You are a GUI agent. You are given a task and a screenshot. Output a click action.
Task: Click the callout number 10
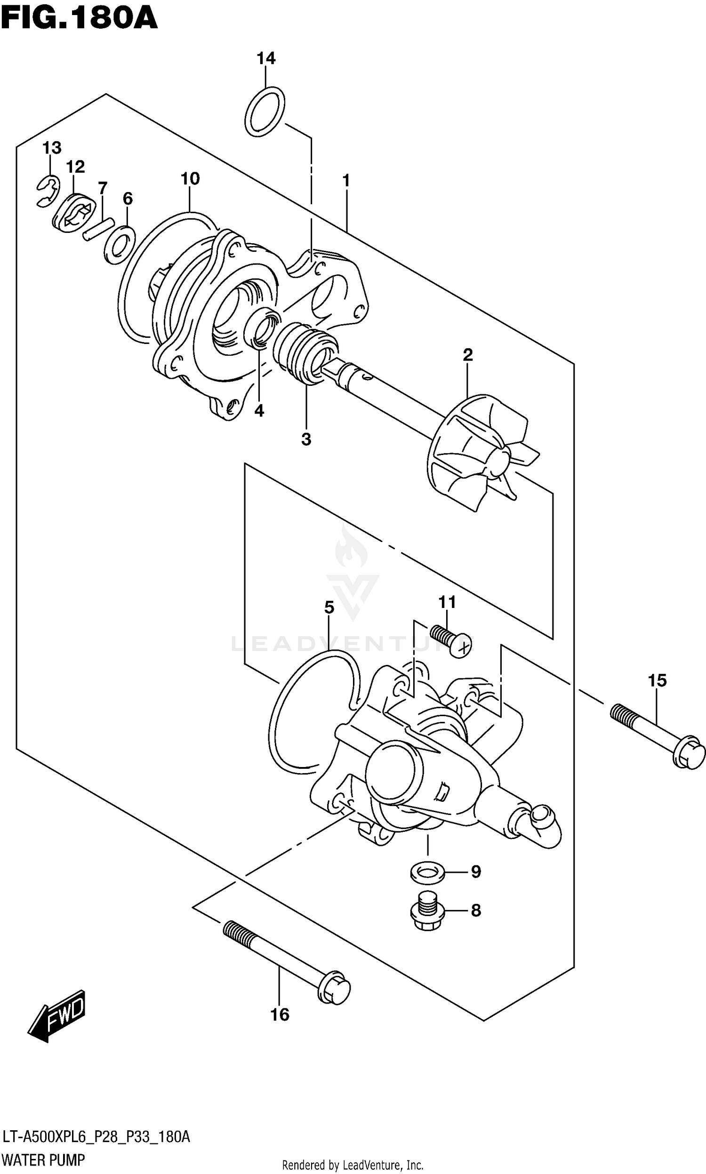coord(190,179)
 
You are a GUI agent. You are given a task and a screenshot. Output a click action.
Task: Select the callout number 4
coord(259,411)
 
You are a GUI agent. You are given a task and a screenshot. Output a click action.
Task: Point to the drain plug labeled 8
coord(427,910)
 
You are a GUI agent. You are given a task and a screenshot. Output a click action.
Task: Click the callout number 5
coord(329,607)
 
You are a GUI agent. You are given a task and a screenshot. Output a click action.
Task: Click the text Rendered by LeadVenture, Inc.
coord(353,1165)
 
